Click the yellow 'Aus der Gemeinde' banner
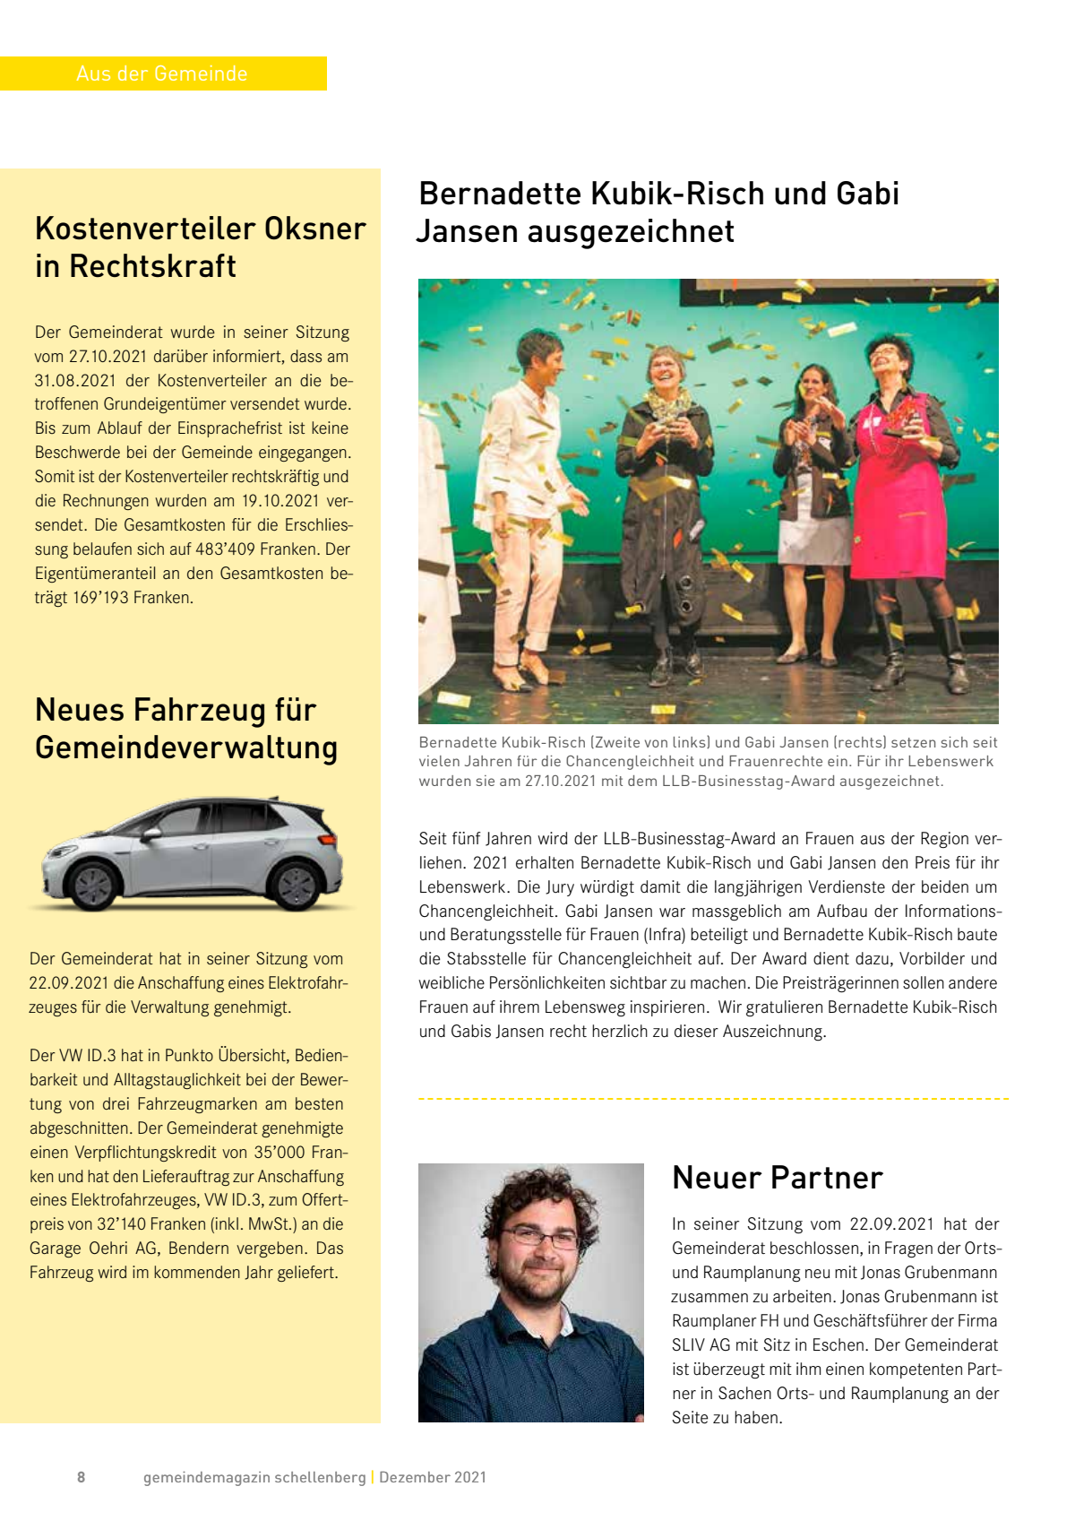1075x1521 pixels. pyautogui.click(x=163, y=73)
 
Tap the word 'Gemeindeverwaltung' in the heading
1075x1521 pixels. pyautogui.click(x=186, y=748)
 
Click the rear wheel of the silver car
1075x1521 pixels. pyautogui.click(x=297, y=885)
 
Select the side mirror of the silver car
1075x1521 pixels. pyautogui.click(x=153, y=834)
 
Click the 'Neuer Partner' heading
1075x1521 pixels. pyautogui.click(x=778, y=1178)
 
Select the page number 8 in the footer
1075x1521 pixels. pyautogui.click(x=82, y=1477)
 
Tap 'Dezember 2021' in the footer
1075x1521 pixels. pyautogui.click(x=433, y=1477)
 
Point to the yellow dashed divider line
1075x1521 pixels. pyautogui.click(x=713, y=1098)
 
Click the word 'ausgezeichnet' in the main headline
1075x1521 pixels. pyautogui.click(x=631, y=231)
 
